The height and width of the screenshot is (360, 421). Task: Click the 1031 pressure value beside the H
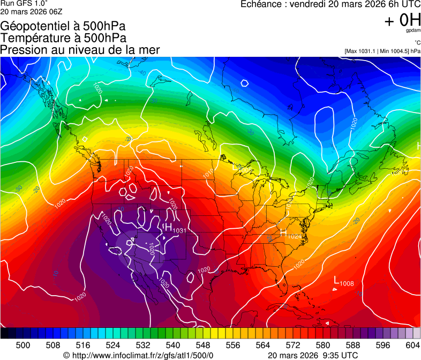(179, 231)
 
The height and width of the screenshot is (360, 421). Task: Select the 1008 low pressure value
(347, 283)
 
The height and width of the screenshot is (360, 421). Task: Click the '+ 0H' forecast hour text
(402, 20)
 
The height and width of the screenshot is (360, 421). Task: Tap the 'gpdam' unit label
(413, 31)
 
